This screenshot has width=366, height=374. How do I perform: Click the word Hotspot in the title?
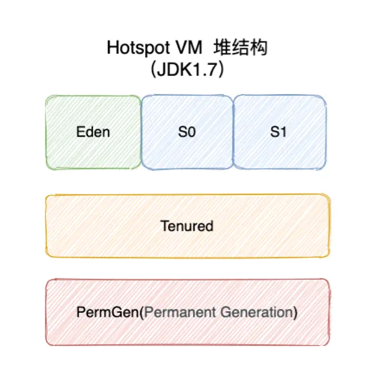click(x=134, y=48)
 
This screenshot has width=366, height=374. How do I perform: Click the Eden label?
click(x=93, y=131)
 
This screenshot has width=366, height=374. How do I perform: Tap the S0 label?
click(x=186, y=131)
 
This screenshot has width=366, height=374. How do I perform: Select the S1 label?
click(x=279, y=131)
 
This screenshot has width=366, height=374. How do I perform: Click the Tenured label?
click(x=187, y=226)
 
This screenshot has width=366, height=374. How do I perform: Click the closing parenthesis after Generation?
click(x=295, y=312)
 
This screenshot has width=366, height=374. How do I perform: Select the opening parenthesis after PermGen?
click(x=141, y=312)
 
